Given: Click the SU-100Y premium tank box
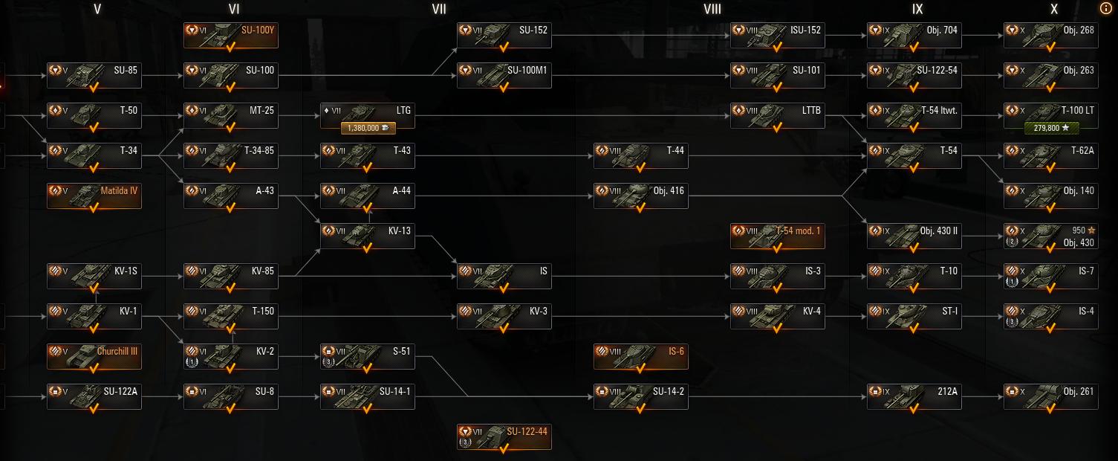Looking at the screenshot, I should point(231,35).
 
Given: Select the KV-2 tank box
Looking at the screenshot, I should point(231,356).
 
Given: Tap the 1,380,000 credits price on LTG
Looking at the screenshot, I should point(368,128).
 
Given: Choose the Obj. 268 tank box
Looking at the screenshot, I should point(1050,35).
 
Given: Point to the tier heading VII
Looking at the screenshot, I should point(439,9).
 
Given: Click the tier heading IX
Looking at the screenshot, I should point(917,9).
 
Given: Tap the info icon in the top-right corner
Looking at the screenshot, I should point(1105,9).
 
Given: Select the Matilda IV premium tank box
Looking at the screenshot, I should point(94,196).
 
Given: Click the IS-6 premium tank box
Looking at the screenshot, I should point(641,356).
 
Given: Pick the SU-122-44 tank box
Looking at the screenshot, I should point(504,436).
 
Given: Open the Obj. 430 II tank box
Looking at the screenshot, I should point(914,236).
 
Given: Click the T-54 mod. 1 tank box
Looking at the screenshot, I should point(778,236).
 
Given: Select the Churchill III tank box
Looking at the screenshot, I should point(94,356).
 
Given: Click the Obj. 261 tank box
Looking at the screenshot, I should point(1050,396).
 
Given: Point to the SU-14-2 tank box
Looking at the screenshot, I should point(641,396).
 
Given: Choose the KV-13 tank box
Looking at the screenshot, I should point(368,236).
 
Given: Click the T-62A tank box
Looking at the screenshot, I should point(1050,155).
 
